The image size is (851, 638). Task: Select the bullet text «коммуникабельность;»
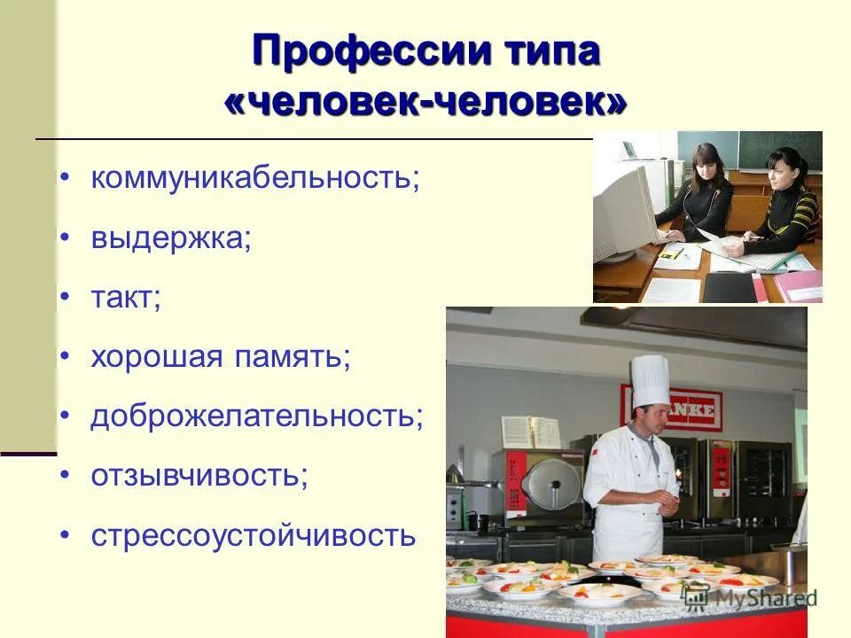(x=255, y=180)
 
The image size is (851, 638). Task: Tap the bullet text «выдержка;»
(x=170, y=239)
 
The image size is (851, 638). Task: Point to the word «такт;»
(x=126, y=299)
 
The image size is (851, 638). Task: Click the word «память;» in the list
(x=293, y=358)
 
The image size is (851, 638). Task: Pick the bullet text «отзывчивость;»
(x=199, y=477)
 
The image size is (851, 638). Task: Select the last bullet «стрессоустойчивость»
(x=253, y=536)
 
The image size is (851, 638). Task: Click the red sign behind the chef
(x=674, y=410)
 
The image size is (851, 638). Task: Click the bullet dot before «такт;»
(x=64, y=299)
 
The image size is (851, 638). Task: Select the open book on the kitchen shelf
(x=527, y=432)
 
